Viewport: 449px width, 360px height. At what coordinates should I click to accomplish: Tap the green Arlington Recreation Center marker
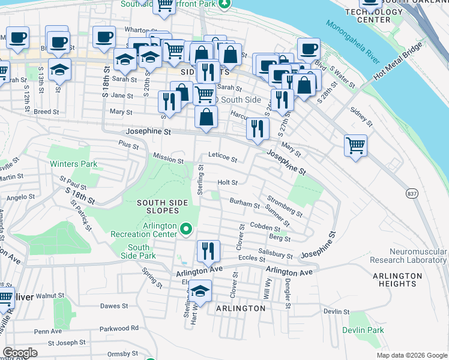click(x=186, y=228)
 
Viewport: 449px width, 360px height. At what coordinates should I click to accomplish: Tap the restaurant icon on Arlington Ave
click(x=208, y=251)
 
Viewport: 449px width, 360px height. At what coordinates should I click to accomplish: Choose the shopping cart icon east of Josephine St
click(x=355, y=146)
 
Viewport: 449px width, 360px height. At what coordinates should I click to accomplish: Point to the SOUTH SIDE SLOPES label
click(x=158, y=207)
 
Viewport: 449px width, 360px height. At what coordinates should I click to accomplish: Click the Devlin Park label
click(x=363, y=330)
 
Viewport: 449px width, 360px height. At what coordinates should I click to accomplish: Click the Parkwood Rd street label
click(x=119, y=328)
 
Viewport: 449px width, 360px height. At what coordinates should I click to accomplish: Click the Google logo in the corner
click(x=20, y=353)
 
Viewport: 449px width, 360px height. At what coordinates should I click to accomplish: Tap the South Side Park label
click(x=139, y=252)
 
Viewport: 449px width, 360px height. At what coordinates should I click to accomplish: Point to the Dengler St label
click(x=288, y=298)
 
